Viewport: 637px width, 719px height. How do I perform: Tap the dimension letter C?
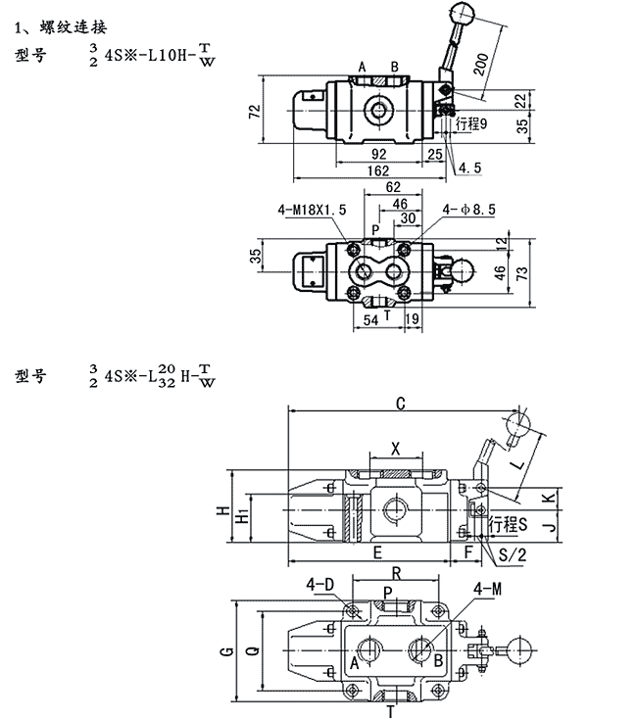(x=400, y=402)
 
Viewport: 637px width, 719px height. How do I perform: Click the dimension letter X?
(x=395, y=448)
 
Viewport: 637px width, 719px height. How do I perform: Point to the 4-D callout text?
(x=320, y=586)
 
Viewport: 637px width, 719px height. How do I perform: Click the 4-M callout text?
(x=487, y=589)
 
